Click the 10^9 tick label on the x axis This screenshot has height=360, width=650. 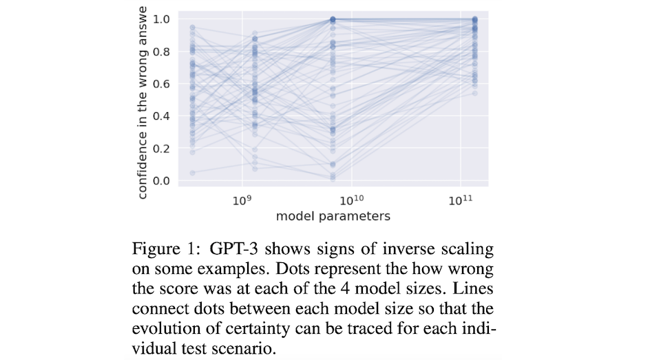pyautogui.click(x=240, y=200)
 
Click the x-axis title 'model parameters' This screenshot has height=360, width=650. pyautogui.click(x=333, y=216)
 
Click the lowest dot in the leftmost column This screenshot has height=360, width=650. pyautogui.click(x=192, y=173)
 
